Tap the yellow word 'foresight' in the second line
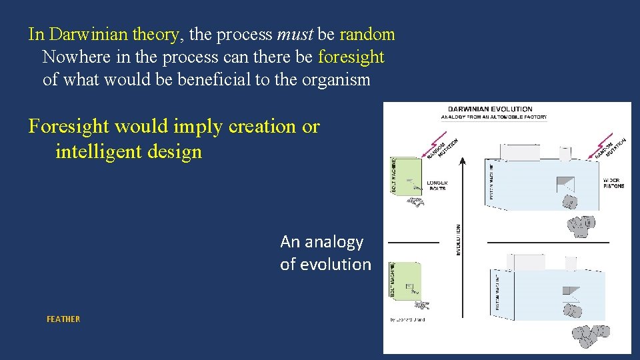(x=351, y=57)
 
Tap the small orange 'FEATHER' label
(x=63, y=319)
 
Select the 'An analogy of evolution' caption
(x=325, y=253)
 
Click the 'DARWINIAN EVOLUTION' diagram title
(x=490, y=109)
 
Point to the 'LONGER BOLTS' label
(x=437, y=186)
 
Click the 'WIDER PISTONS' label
(x=613, y=183)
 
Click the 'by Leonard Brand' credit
(x=407, y=320)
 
